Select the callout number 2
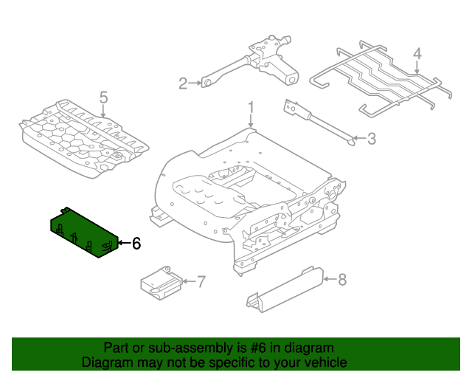pyautogui.click(x=184, y=83)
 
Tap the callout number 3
pyautogui.click(x=371, y=137)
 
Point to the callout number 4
pyautogui.click(x=417, y=53)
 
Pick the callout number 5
pyautogui.click(x=103, y=97)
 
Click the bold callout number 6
pyautogui.click(x=135, y=243)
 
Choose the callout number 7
pyautogui.click(x=201, y=281)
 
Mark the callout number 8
pyautogui.click(x=341, y=279)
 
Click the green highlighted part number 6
pyautogui.click(x=83, y=232)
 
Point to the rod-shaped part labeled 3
pyautogui.click(x=317, y=121)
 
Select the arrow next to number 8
pyautogui.click(x=328, y=279)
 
